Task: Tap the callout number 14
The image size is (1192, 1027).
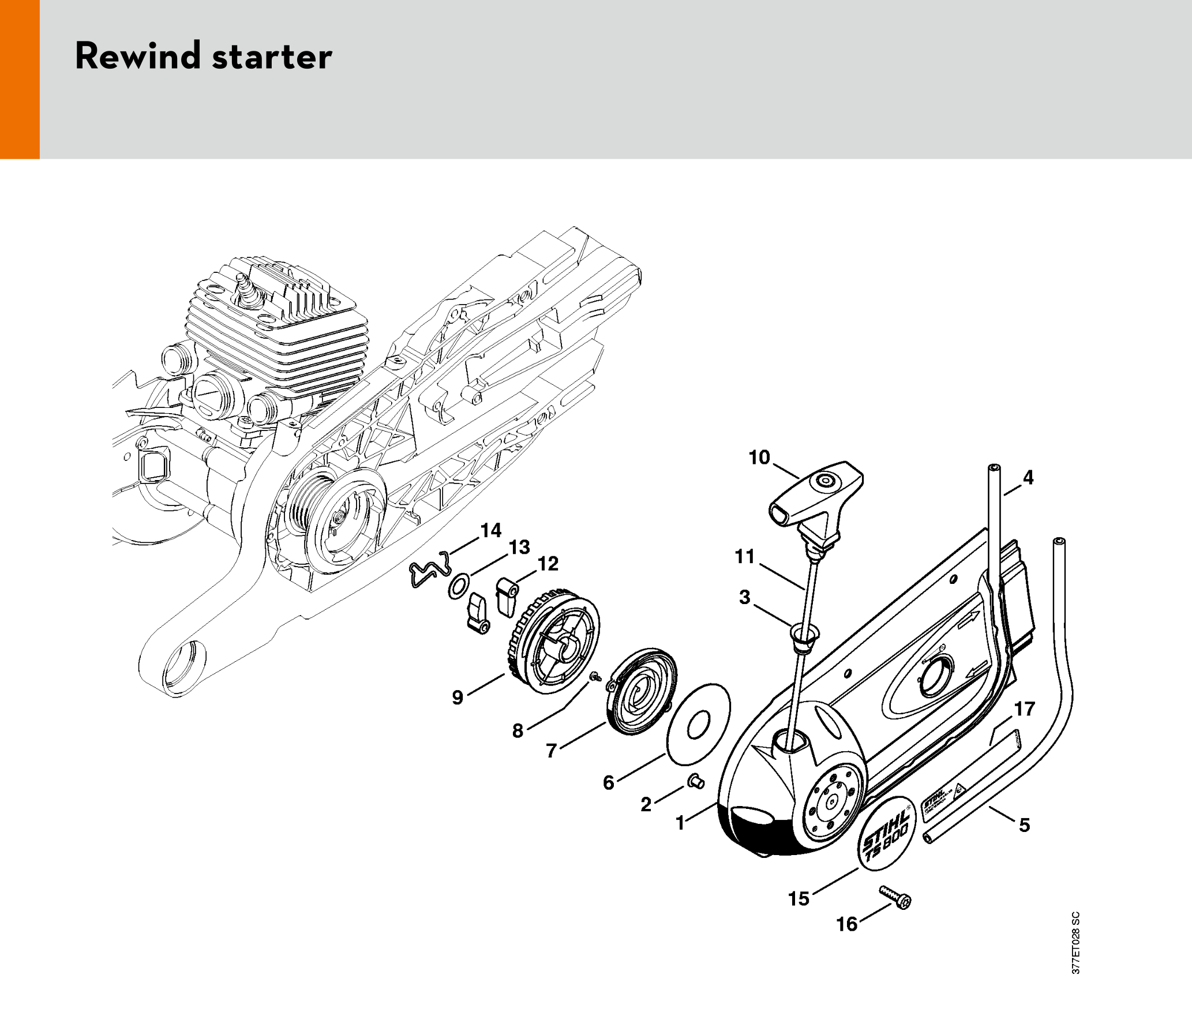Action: (x=491, y=530)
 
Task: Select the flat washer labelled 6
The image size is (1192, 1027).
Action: (x=698, y=725)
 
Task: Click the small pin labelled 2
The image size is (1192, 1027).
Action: (x=696, y=782)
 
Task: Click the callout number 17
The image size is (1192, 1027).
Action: (x=1025, y=709)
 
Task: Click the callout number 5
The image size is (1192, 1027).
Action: (x=1024, y=824)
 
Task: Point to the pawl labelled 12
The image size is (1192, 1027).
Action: (x=506, y=597)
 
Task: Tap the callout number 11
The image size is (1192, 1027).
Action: (x=744, y=556)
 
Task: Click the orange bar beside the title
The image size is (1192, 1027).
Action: (x=20, y=79)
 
